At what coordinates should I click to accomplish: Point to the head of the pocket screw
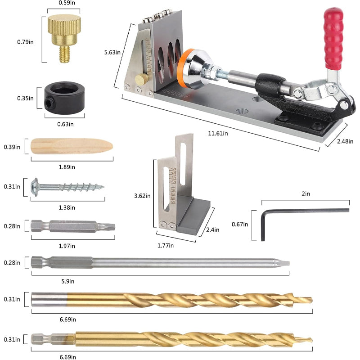[34, 186]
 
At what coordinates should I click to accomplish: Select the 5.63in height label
[112, 53]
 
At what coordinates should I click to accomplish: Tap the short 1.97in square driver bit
[72, 226]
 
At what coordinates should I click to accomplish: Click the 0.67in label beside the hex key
[240, 224]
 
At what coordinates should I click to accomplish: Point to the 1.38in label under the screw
[67, 207]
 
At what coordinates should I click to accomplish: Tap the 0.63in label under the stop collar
[65, 124]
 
